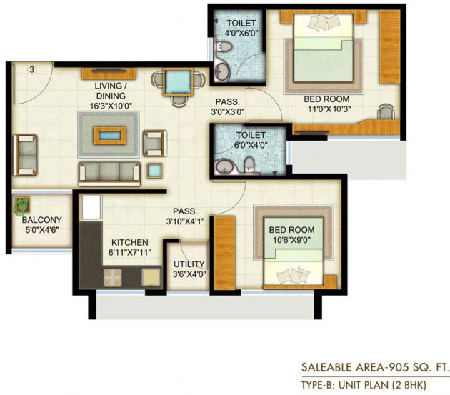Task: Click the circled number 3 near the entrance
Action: [x=32, y=69]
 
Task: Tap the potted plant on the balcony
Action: [x=22, y=205]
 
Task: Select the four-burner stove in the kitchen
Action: [x=113, y=277]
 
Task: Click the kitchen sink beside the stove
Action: [x=151, y=277]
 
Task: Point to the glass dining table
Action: [x=178, y=82]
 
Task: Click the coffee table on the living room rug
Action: [x=109, y=136]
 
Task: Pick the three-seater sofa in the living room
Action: [x=109, y=174]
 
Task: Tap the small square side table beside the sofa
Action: [x=155, y=171]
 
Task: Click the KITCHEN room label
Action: [x=130, y=242]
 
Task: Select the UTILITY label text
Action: [x=189, y=264]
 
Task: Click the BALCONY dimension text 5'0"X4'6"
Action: [x=42, y=230]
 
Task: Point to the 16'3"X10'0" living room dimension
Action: [x=111, y=106]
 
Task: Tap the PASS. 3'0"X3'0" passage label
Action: [x=228, y=106]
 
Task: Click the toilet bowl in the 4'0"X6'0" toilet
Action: [x=224, y=47]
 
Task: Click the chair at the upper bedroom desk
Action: [x=386, y=111]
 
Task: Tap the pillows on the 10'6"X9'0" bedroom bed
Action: [x=294, y=276]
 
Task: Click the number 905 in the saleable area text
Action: [x=397, y=367]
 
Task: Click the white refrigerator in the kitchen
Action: [x=92, y=207]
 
